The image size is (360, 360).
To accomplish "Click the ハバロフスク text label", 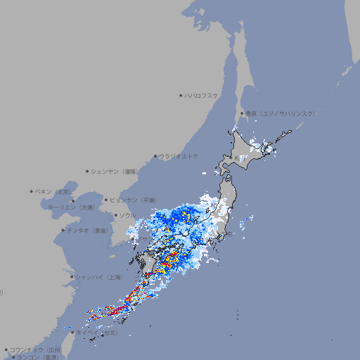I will point(202,95).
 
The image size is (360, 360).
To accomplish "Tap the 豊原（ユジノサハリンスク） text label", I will point(280,113).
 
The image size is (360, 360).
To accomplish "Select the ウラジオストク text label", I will point(179,156).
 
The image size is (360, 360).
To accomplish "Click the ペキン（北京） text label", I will point(53,191).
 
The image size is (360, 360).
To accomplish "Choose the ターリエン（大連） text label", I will point(70,207).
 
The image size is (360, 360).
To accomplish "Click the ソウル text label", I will point(128,215).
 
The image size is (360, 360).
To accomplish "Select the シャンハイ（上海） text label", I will point(98,276).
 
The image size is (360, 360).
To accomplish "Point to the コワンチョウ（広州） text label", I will point(36,349).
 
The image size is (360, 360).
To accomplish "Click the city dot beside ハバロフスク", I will point(181,95).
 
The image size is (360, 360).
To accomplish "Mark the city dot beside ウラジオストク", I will point(155,156).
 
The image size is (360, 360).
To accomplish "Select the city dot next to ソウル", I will point(115,215).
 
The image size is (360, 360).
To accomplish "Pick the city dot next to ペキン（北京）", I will point(32,191).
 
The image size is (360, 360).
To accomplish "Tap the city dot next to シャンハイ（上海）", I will point(72,276).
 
